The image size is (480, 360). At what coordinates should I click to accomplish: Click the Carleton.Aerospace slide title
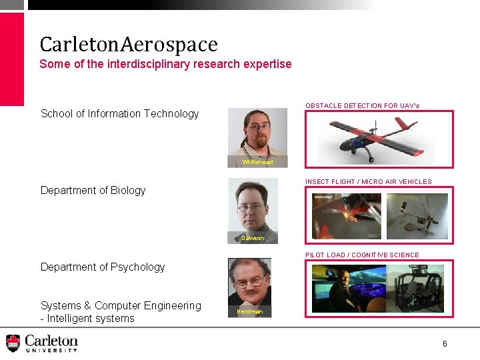129,45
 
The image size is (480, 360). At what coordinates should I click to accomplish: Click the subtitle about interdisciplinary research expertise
165,64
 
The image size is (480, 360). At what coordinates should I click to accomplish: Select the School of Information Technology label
120,113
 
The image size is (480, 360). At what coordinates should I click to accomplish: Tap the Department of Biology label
93,190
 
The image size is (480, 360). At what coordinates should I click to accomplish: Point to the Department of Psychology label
103,267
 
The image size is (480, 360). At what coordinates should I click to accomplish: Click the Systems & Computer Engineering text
121,305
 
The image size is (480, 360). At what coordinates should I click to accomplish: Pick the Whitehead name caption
257,162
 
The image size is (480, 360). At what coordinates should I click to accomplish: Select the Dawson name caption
253,238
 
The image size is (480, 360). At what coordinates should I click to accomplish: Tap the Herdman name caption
250,311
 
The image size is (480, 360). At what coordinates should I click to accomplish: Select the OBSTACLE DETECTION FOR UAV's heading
362,105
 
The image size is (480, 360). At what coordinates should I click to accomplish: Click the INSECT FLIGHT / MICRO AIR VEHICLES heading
368,181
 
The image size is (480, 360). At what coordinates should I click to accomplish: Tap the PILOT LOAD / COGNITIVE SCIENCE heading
362,255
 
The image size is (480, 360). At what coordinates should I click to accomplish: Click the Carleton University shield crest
13,343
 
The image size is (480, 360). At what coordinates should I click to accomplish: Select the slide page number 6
445,343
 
